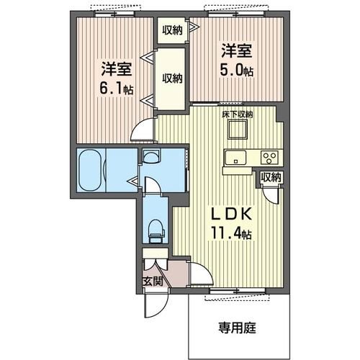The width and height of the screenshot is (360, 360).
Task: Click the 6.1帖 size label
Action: pos(117,90)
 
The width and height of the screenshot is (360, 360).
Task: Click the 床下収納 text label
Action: pos(236,114)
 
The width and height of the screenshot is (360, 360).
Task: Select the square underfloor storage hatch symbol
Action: pos(236,130)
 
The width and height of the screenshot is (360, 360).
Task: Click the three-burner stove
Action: pos(271,158)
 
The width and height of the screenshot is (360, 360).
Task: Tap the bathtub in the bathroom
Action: pos(91,171)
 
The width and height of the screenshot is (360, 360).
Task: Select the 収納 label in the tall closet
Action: pos(171,78)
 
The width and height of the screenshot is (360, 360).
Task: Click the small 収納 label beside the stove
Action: pos(271,178)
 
